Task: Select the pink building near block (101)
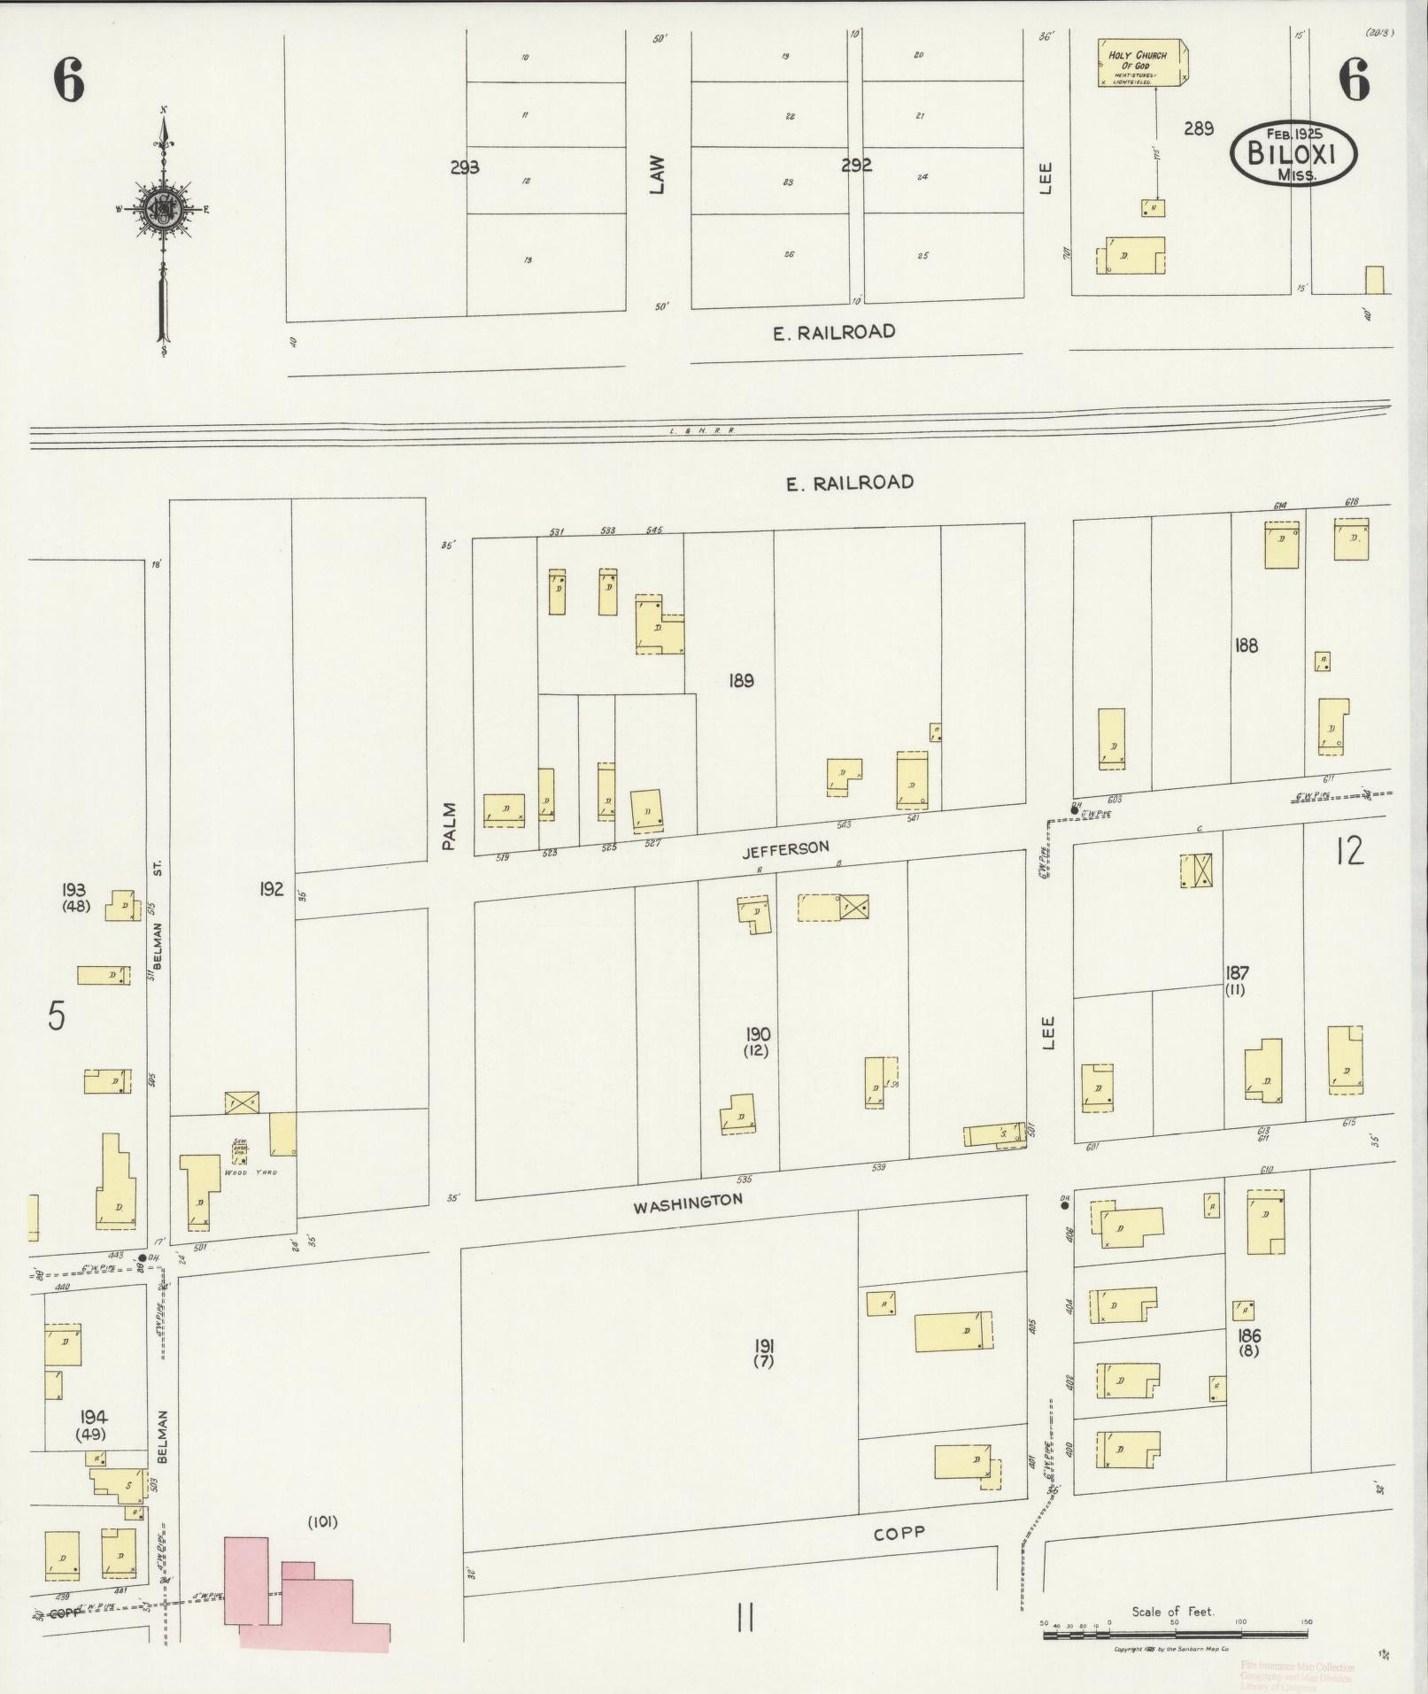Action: click(x=301, y=1594)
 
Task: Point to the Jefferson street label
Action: click(x=785, y=848)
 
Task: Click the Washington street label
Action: click(x=687, y=1202)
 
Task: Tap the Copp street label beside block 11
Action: click(x=899, y=1532)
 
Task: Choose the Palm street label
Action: click(x=449, y=826)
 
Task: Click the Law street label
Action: click(x=656, y=175)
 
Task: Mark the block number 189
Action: click(x=741, y=681)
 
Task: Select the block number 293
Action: click(x=464, y=166)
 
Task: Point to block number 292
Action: click(x=856, y=165)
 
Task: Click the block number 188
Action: click(x=1246, y=646)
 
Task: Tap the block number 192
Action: click(x=271, y=889)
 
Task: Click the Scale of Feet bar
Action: click(x=1177, y=1635)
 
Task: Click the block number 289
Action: click(x=1198, y=128)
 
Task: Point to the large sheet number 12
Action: click(x=1350, y=851)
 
